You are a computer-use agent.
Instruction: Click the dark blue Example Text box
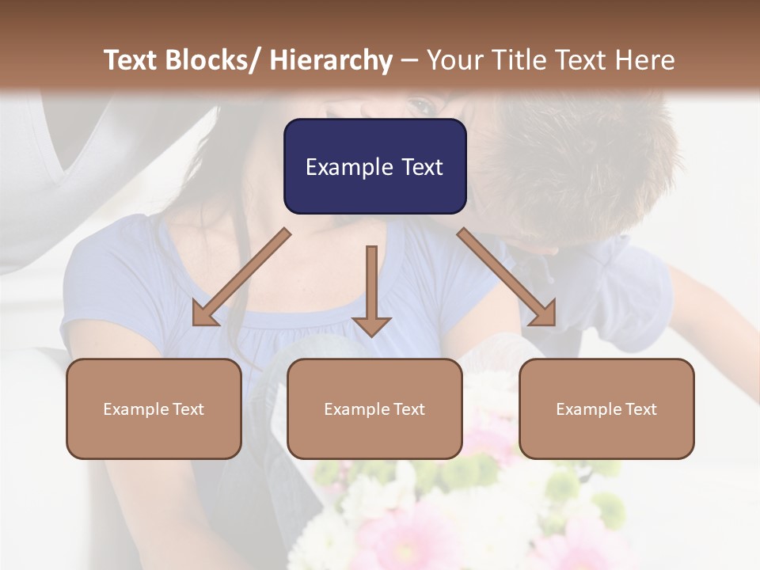coord(374,166)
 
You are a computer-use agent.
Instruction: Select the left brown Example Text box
coord(154,408)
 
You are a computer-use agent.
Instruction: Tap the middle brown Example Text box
coord(374,408)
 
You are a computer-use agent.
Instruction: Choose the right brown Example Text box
coord(606,408)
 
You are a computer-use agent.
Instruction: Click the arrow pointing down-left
coord(241,277)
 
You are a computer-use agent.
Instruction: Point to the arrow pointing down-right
coord(507,277)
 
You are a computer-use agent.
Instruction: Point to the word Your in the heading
coord(452,60)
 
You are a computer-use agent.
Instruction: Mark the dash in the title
coord(409,60)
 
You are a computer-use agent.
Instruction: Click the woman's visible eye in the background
coord(422,105)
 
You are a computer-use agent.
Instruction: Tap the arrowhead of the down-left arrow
coord(203,314)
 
